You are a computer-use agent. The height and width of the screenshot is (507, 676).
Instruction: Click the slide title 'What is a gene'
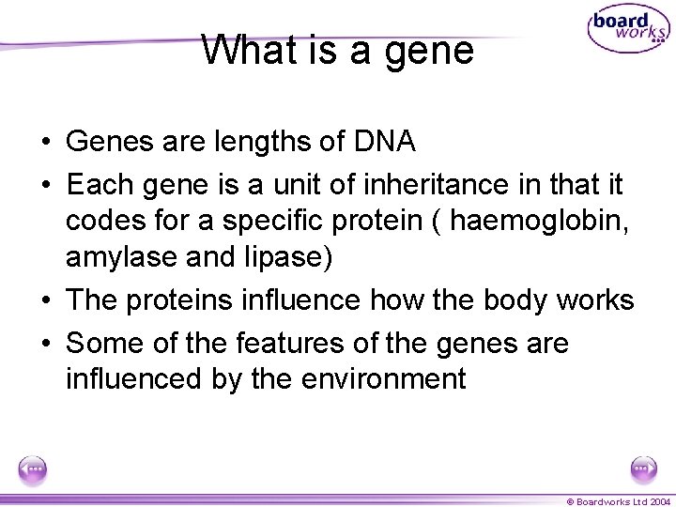337,50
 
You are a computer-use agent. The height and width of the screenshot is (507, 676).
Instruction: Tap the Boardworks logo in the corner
627,29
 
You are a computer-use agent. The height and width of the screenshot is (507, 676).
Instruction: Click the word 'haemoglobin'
541,221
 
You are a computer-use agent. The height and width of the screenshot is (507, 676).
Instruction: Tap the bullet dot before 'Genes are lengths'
45,143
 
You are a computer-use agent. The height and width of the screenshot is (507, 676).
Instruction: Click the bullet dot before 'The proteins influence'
45,301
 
